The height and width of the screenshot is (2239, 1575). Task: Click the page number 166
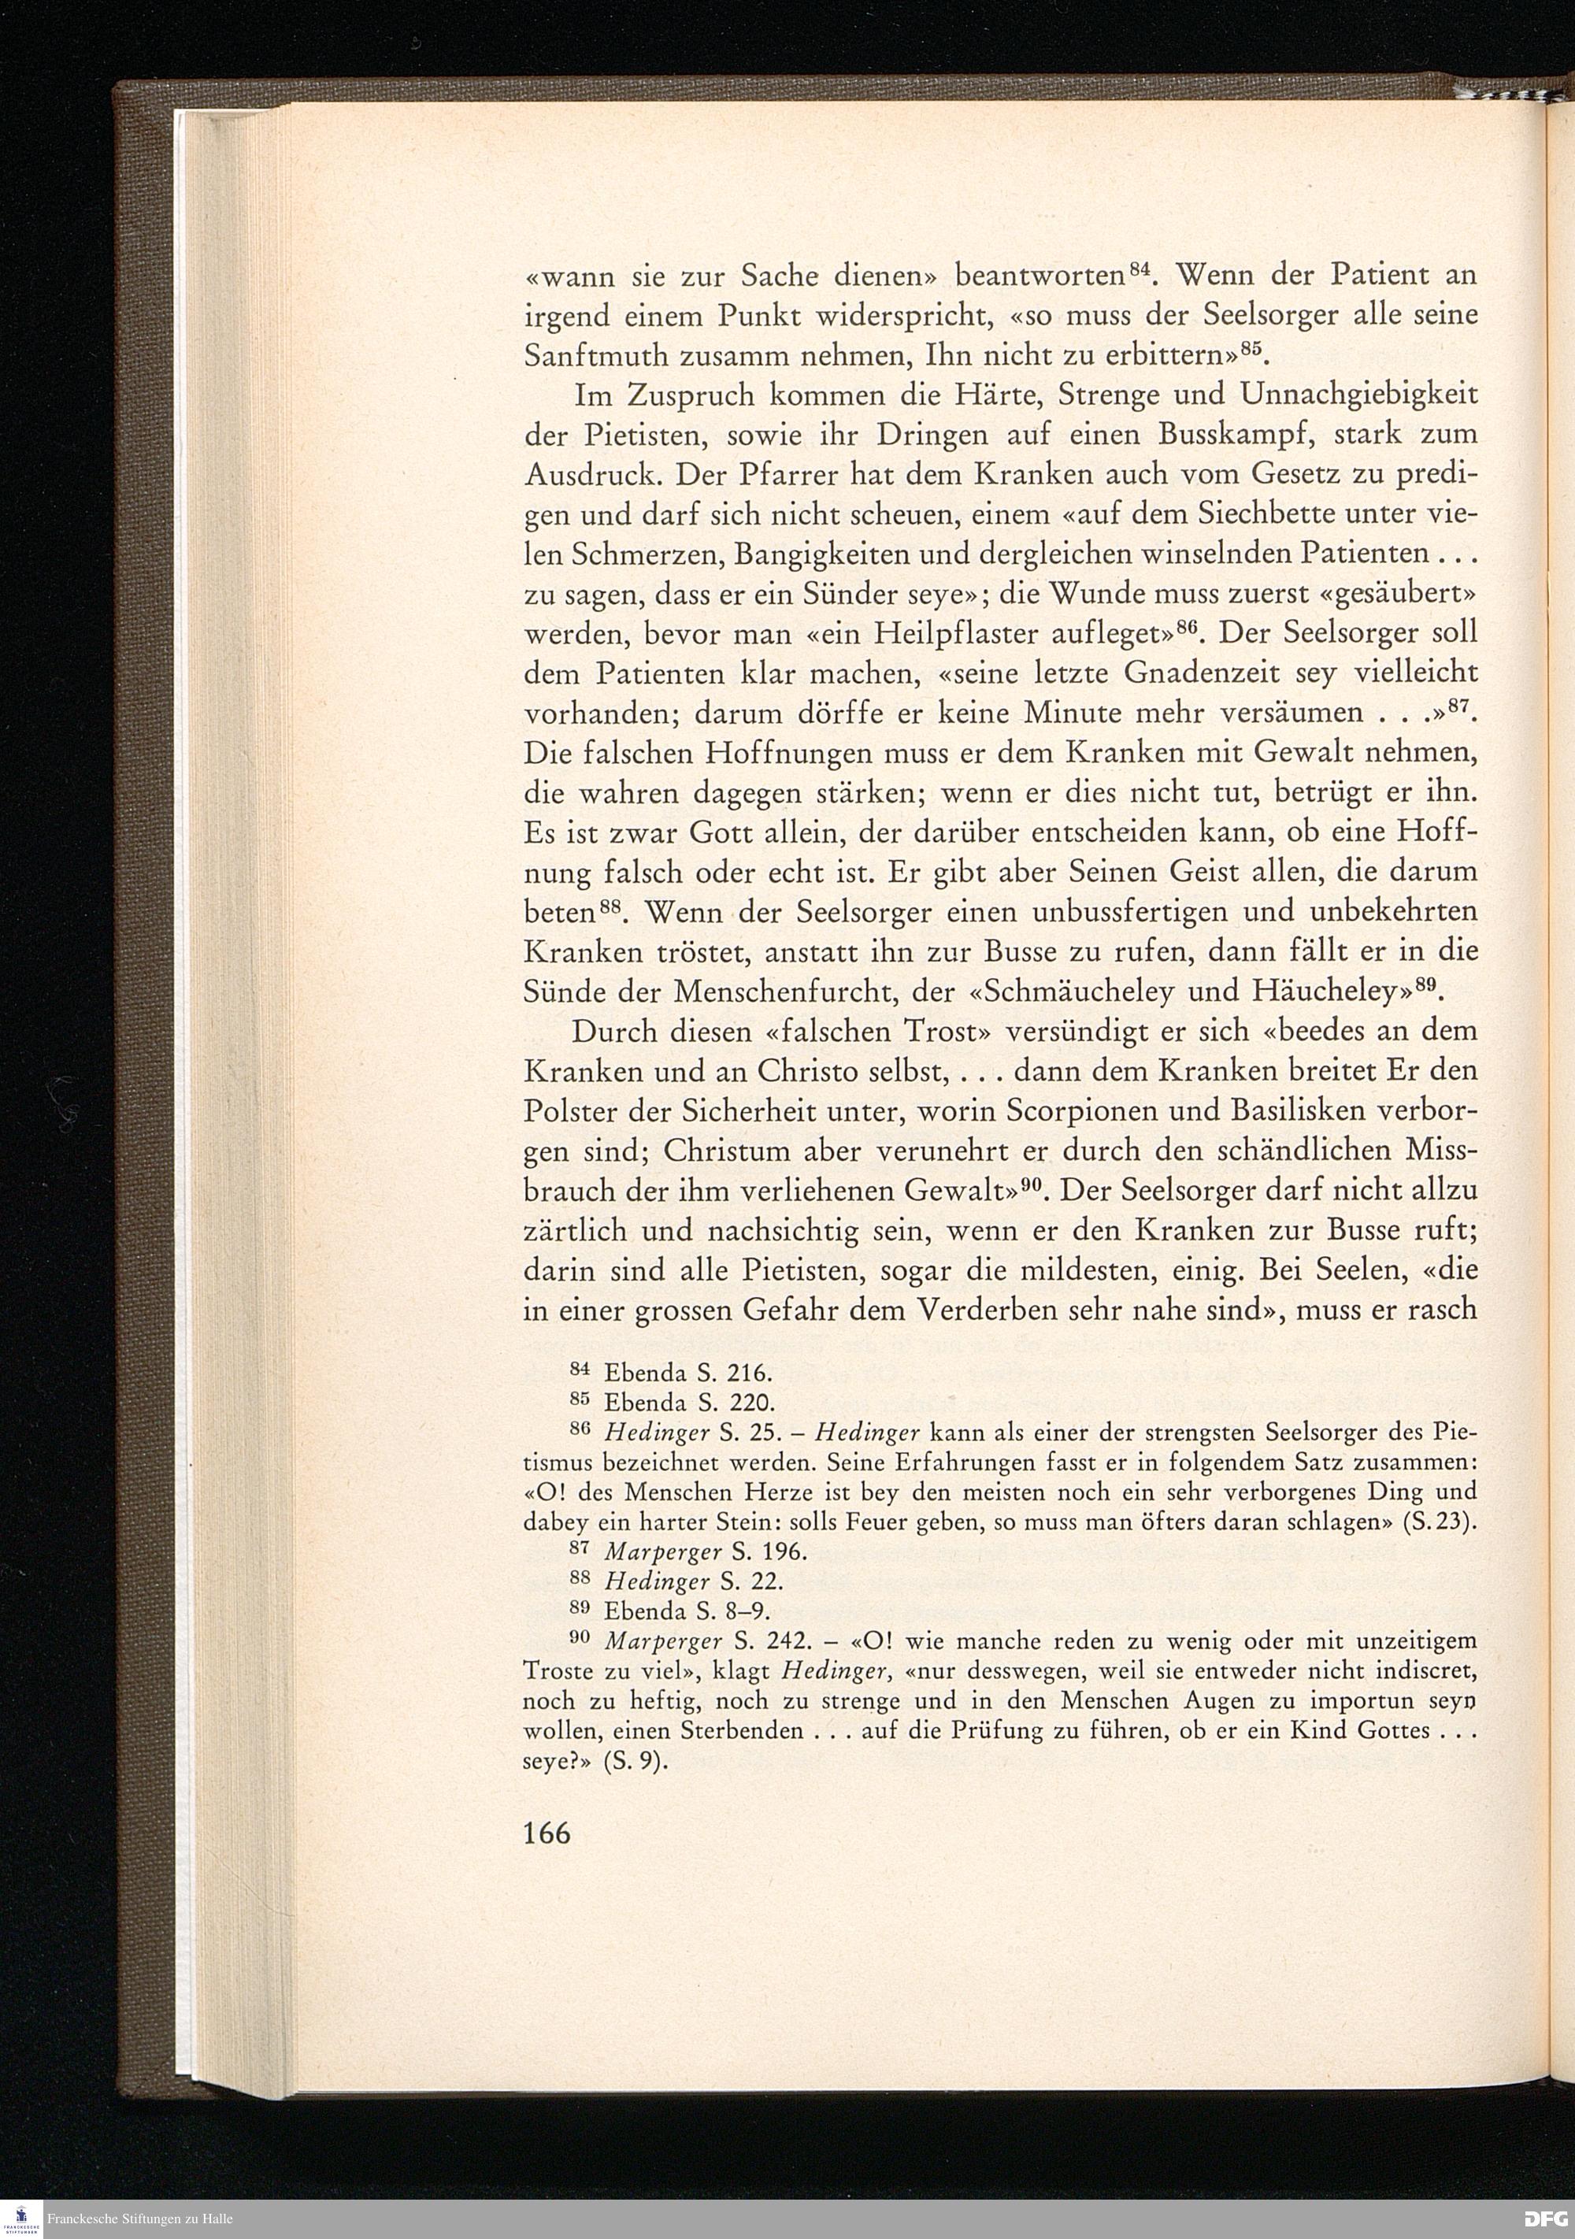click(x=546, y=1834)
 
